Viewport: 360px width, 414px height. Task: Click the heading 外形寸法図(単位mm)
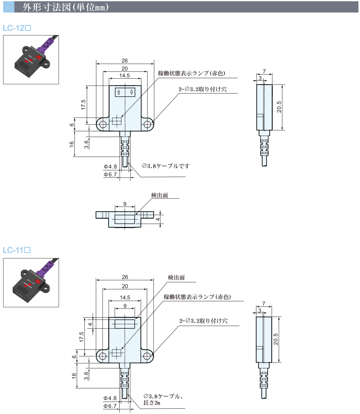point(65,7)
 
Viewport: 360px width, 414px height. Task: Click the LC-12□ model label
point(17,28)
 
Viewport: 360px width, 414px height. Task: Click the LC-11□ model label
point(17,250)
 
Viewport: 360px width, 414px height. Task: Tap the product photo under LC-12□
point(31,60)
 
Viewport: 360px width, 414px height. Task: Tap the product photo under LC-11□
point(31,282)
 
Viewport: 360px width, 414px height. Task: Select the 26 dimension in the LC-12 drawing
point(125,60)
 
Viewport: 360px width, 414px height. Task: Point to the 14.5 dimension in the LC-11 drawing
point(125,298)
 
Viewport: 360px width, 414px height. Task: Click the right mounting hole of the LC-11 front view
point(147,356)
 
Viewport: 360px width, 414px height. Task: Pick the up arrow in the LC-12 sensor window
point(119,92)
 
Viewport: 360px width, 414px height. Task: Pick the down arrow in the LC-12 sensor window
point(131,92)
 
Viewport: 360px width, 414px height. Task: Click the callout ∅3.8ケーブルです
point(166,166)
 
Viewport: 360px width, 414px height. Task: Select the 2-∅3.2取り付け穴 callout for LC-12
point(203,89)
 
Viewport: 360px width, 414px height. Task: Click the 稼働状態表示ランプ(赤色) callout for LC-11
point(197,297)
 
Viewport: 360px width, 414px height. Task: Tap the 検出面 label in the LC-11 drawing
point(176,277)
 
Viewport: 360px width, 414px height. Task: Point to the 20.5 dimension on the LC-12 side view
point(279,107)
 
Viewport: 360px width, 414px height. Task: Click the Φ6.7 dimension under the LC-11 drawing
point(110,406)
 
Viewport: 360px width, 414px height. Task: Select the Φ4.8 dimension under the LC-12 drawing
point(110,167)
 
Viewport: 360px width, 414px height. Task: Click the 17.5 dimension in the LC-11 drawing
point(81,337)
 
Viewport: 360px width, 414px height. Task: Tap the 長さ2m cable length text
point(152,403)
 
